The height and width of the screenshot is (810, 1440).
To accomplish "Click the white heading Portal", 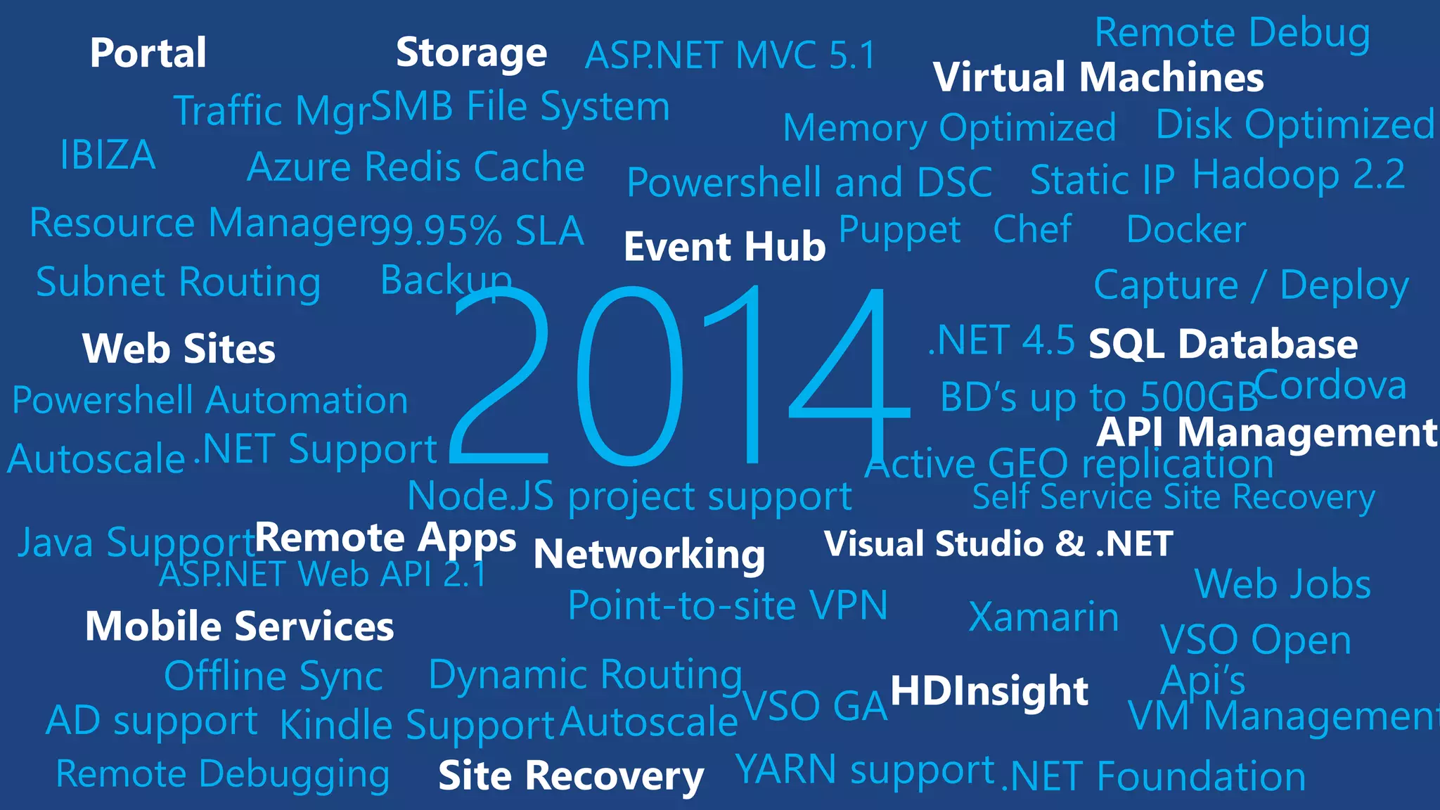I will (x=148, y=53).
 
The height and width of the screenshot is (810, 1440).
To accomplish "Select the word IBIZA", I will (x=108, y=155).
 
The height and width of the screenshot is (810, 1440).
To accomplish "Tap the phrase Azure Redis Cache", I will (x=416, y=167).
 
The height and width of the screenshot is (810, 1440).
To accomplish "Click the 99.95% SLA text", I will (x=477, y=231).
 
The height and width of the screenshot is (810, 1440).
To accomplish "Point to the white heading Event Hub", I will (x=724, y=247).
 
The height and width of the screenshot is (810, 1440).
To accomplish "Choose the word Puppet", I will (x=899, y=230).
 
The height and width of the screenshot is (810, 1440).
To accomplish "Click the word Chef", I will (x=1032, y=229).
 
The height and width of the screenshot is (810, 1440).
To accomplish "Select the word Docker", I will (x=1185, y=230).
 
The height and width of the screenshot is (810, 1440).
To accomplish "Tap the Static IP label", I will (x=1102, y=180).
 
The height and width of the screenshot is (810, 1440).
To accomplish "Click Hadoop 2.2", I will (x=1298, y=174).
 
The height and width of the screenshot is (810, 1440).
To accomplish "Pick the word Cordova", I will (x=1330, y=385).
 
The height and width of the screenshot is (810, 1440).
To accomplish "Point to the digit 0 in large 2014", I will (x=630, y=376).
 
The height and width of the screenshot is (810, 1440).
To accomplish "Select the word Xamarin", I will (x=1043, y=617).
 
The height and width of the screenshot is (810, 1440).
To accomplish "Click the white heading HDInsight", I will (x=989, y=690).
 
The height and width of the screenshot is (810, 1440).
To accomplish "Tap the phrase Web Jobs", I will (x=1282, y=584).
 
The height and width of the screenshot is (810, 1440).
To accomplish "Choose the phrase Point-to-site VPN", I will (x=728, y=605).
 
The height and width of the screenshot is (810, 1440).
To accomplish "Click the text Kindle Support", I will (x=418, y=725).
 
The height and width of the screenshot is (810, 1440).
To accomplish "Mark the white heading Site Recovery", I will (x=570, y=776).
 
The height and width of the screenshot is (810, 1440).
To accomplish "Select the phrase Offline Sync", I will (x=273, y=676).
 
